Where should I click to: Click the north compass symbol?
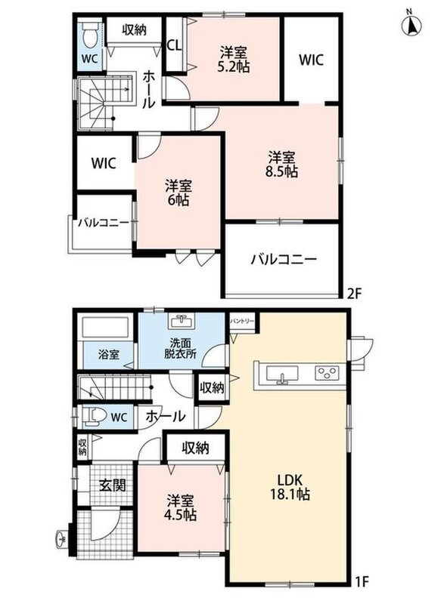coord(411,26)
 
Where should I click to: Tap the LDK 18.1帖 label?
coord(290,487)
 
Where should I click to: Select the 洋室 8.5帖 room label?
coord(281,164)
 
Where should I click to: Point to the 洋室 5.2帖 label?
coord(234,60)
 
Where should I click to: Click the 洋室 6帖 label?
coord(179,193)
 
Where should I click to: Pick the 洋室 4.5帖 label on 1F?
coord(181,507)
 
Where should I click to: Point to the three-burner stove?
coord(327,372)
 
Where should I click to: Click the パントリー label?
coord(242,320)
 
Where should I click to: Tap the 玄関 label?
coord(113,485)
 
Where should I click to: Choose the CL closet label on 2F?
coord(174,45)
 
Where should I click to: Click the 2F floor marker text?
coord(354,294)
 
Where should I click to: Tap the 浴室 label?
coord(109,354)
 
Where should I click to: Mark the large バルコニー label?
coord(284,259)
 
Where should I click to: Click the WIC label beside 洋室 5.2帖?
coord(311,60)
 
